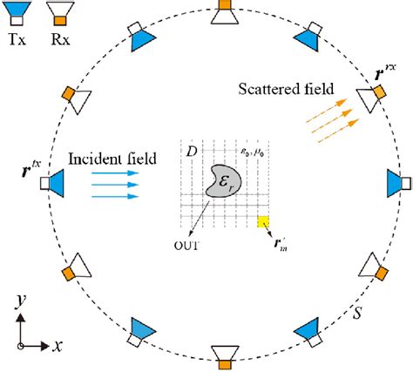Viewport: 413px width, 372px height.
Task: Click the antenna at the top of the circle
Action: click(x=225, y=15)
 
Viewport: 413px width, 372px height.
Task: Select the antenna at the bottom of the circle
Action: click(x=225, y=352)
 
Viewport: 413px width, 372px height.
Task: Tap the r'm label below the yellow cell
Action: click(x=281, y=245)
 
